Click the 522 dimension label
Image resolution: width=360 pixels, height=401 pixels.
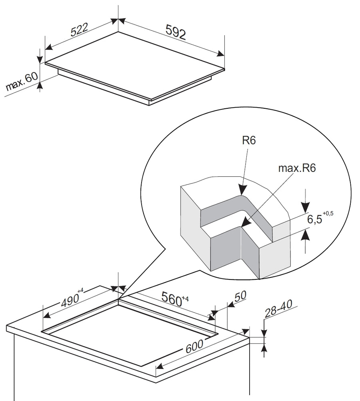(x=79, y=30)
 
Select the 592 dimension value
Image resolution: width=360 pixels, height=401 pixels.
(x=176, y=32)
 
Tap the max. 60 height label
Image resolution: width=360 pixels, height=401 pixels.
(x=22, y=81)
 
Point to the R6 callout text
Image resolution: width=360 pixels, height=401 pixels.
(x=249, y=140)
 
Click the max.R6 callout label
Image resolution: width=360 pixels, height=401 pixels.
(x=297, y=168)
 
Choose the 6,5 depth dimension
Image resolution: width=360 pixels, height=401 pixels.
(x=314, y=219)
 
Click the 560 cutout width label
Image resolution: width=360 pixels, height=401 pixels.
(x=172, y=299)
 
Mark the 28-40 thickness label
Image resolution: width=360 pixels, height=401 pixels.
(x=278, y=308)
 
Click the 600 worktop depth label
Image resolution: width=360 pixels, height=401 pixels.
(x=194, y=346)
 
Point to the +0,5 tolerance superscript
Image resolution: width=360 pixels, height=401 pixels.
(x=328, y=213)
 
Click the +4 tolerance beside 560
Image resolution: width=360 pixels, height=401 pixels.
(x=185, y=298)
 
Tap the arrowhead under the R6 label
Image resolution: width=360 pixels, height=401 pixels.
(x=242, y=189)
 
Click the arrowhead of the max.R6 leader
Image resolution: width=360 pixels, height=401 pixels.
(x=246, y=222)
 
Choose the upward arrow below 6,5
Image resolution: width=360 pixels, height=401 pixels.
(x=305, y=235)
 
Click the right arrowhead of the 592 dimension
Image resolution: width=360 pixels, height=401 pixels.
(x=220, y=54)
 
